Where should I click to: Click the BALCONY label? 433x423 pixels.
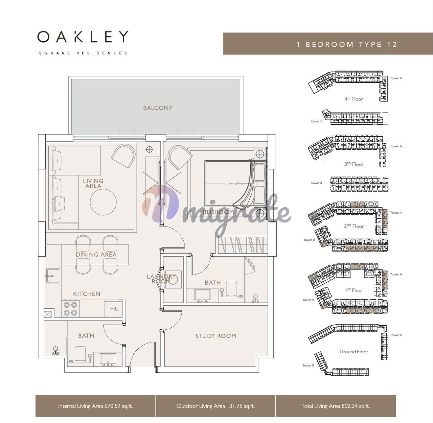pos(158,108)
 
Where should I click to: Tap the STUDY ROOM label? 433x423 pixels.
pos(215,336)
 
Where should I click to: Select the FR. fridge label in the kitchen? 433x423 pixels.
pos(114,309)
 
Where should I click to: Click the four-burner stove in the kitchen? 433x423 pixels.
pos(71,308)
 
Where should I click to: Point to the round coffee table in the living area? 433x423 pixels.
pos(103,202)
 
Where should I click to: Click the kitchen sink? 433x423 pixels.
pos(53,276)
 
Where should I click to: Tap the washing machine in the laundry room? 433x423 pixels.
pos(173,280)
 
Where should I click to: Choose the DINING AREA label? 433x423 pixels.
pos(96,254)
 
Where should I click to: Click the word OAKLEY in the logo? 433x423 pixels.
pos(83,37)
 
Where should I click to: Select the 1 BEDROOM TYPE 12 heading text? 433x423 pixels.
pos(347,45)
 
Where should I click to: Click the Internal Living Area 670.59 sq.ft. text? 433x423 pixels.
pos(95,406)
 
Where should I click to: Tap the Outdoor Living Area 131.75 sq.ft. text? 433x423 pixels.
pos(215,406)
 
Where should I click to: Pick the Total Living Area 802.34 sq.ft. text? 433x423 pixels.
pos(336,406)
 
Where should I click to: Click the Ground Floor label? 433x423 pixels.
pos(354,352)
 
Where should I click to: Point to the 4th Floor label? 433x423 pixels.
pos(354,99)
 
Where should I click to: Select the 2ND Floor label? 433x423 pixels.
pos(354,226)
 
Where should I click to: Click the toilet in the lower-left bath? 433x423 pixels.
pos(80,354)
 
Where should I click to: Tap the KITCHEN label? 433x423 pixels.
pos(87,294)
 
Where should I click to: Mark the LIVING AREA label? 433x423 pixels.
pos(93,184)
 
